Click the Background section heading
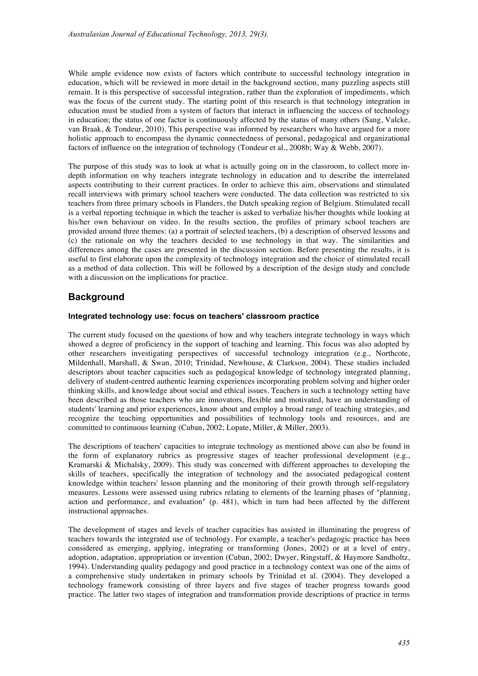(96, 297)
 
